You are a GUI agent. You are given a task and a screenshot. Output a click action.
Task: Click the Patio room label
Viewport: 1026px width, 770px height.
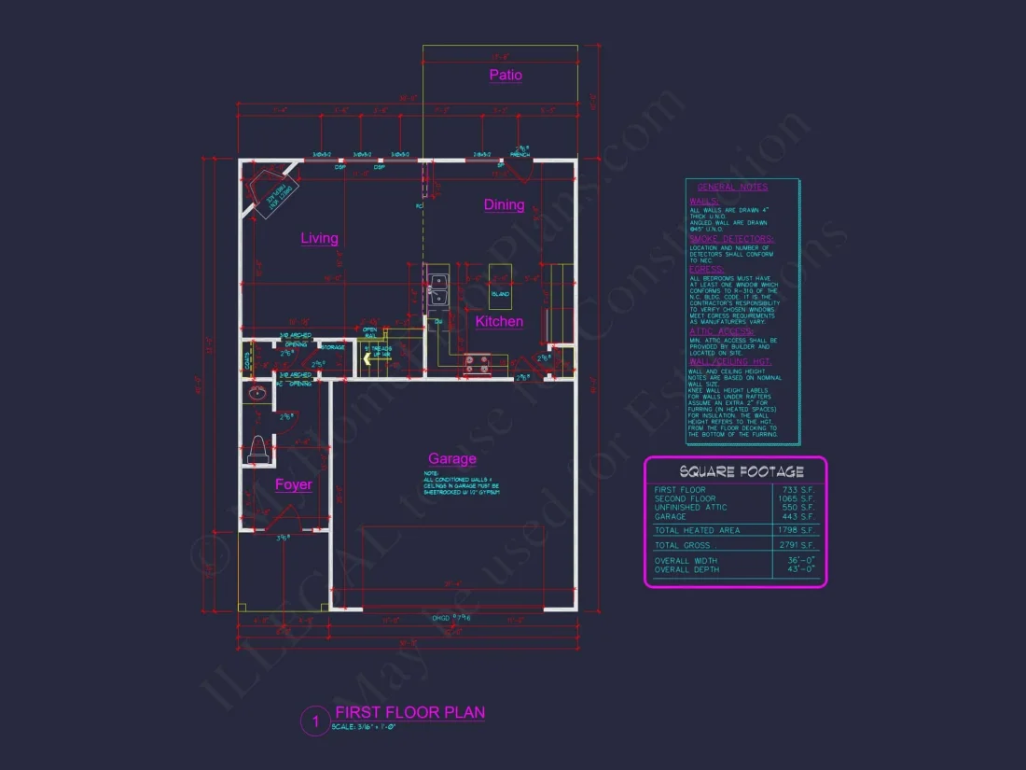pos(506,75)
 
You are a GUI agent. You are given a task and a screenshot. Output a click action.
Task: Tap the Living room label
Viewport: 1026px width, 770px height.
pos(319,238)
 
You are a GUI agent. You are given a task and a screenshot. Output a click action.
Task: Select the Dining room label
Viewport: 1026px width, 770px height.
pos(504,204)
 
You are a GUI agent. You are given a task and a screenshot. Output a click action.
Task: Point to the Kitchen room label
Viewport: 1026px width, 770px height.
pos(499,321)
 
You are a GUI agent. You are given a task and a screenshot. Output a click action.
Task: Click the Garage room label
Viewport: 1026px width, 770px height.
pos(452,458)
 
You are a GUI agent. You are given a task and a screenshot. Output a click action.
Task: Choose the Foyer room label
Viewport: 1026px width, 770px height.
pos(293,484)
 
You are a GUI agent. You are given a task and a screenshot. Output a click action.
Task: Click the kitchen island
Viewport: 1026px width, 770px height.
pos(501,273)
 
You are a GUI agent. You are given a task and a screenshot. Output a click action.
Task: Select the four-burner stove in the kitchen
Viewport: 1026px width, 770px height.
pos(477,364)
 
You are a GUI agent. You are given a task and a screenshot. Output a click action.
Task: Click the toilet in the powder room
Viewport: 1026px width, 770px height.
pos(259,449)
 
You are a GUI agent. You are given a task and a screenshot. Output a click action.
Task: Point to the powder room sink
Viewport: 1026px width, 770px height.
pos(257,394)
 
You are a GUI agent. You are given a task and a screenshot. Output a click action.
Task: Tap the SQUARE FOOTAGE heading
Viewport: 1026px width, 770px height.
pos(735,471)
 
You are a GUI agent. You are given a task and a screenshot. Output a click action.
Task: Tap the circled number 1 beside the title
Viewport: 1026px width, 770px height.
pos(315,721)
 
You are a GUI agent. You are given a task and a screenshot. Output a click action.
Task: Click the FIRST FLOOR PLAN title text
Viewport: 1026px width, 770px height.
pos(410,713)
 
